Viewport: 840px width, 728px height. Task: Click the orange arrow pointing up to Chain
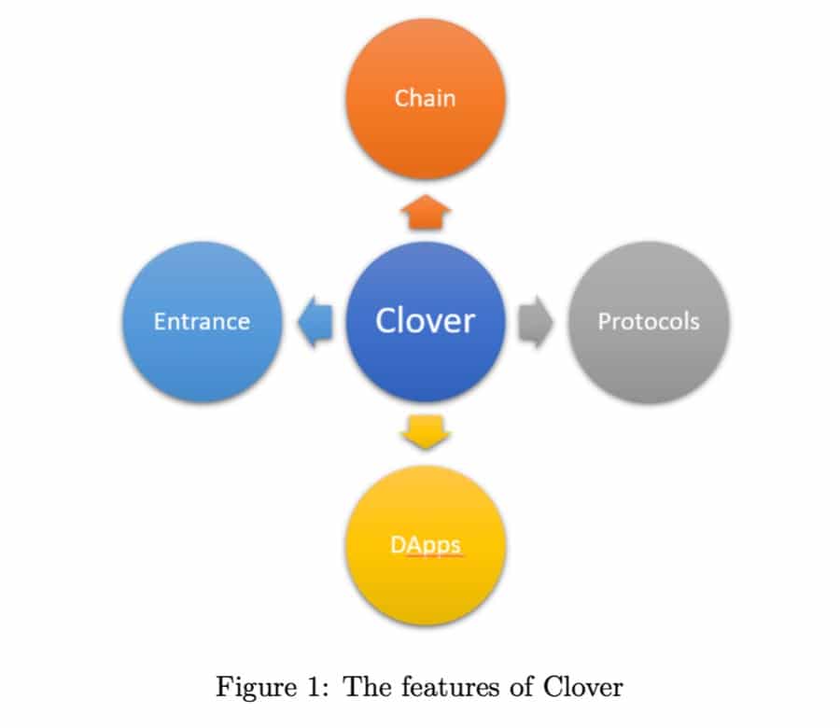425,213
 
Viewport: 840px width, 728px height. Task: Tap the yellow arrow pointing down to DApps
425,431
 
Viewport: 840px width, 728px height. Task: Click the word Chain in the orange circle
425,98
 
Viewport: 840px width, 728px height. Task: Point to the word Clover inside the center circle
425,321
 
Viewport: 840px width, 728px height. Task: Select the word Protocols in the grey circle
649,322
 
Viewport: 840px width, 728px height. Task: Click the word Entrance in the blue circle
202,322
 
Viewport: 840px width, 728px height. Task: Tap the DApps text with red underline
426,544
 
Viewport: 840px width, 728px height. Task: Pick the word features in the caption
443,688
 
